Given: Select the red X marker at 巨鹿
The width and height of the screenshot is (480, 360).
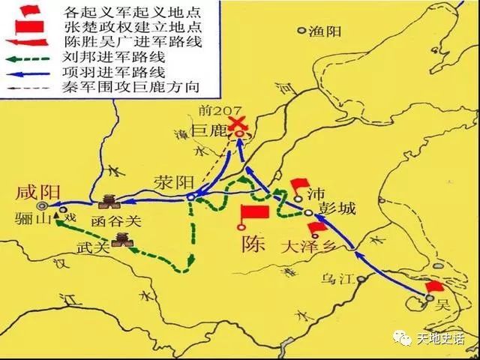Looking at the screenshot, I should [x=238, y=124].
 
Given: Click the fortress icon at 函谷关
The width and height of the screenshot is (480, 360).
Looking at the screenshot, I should [x=108, y=201].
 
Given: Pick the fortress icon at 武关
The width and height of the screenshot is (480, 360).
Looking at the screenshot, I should [x=120, y=239].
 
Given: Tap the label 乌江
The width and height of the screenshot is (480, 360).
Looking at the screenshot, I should [x=336, y=279].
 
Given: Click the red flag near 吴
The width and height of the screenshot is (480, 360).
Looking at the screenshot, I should [x=434, y=287].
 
